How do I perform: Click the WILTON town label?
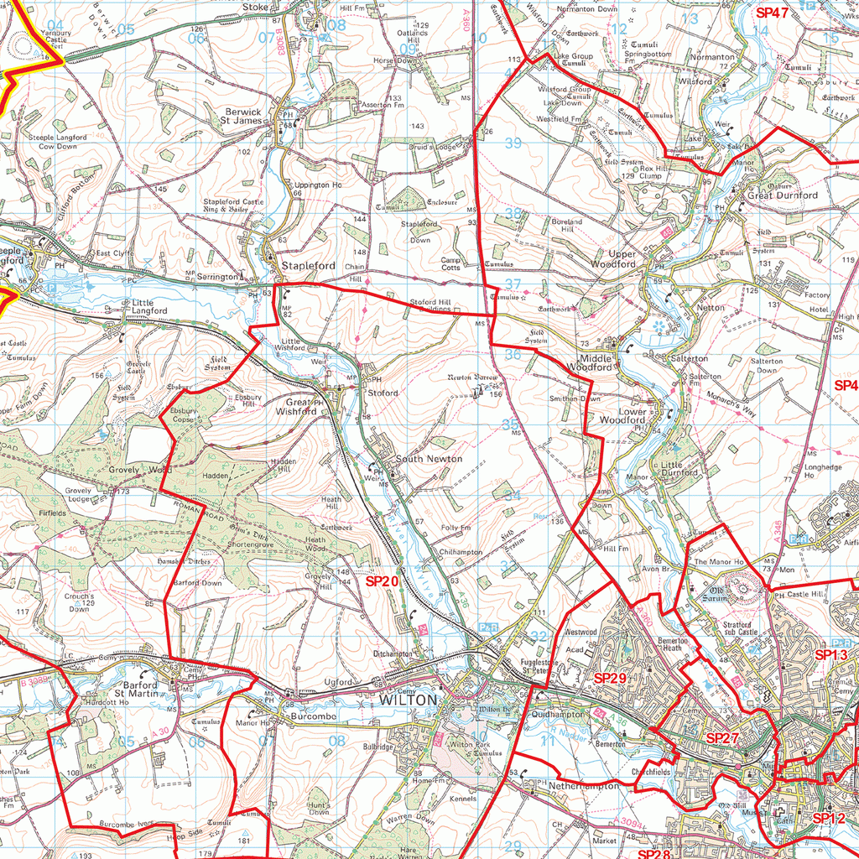pos(409,700)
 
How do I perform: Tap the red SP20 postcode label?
pos(382,580)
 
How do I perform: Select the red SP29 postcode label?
pos(610,676)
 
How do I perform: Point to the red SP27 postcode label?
pos(722,737)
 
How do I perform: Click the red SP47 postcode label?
pos(773,13)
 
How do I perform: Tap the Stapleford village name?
pos(308,266)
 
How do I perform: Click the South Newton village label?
pos(429,459)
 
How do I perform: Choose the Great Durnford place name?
pos(783,195)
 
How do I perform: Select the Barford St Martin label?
pos(137,689)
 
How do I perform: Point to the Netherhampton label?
pos(584,787)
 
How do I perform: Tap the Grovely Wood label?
pos(134,470)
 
